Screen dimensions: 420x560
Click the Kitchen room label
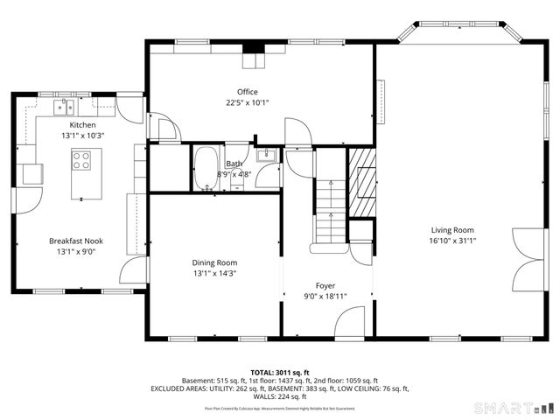click(x=83, y=125)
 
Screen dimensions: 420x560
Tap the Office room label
click(x=248, y=92)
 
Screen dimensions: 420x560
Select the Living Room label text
click(x=452, y=230)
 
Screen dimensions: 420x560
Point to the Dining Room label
click(x=214, y=262)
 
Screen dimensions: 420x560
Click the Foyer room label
click(x=325, y=285)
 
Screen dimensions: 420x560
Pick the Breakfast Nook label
click(x=76, y=241)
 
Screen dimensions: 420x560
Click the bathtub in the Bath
click(x=206, y=168)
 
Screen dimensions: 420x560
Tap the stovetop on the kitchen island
click(x=83, y=161)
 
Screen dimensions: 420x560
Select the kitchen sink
click(x=64, y=108)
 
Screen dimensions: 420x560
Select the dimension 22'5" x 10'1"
click(x=248, y=102)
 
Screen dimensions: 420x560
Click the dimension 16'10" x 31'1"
click(x=452, y=241)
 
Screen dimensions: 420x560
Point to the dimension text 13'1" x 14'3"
click(x=214, y=273)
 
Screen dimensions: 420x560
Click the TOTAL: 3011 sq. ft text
click(x=279, y=372)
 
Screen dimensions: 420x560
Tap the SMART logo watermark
click(x=513, y=408)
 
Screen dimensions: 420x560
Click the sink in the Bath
click(x=268, y=157)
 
